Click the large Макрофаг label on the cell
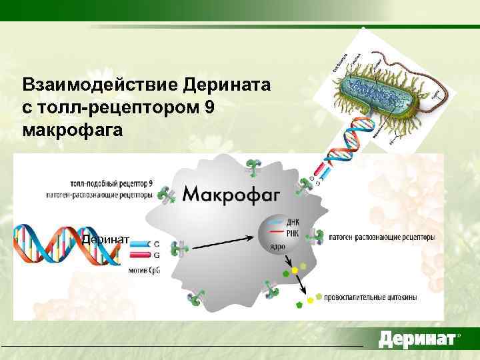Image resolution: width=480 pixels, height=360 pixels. click(x=232, y=195)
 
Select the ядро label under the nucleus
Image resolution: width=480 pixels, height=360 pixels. click(x=278, y=247)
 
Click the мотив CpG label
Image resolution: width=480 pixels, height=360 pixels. click(x=143, y=269)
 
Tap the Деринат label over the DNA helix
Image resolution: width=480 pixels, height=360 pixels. click(x=106, y=240)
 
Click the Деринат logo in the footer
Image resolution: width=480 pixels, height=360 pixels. click(x=417, y=339)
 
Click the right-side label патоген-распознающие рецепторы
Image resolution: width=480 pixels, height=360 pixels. click(x=383, y=237)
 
